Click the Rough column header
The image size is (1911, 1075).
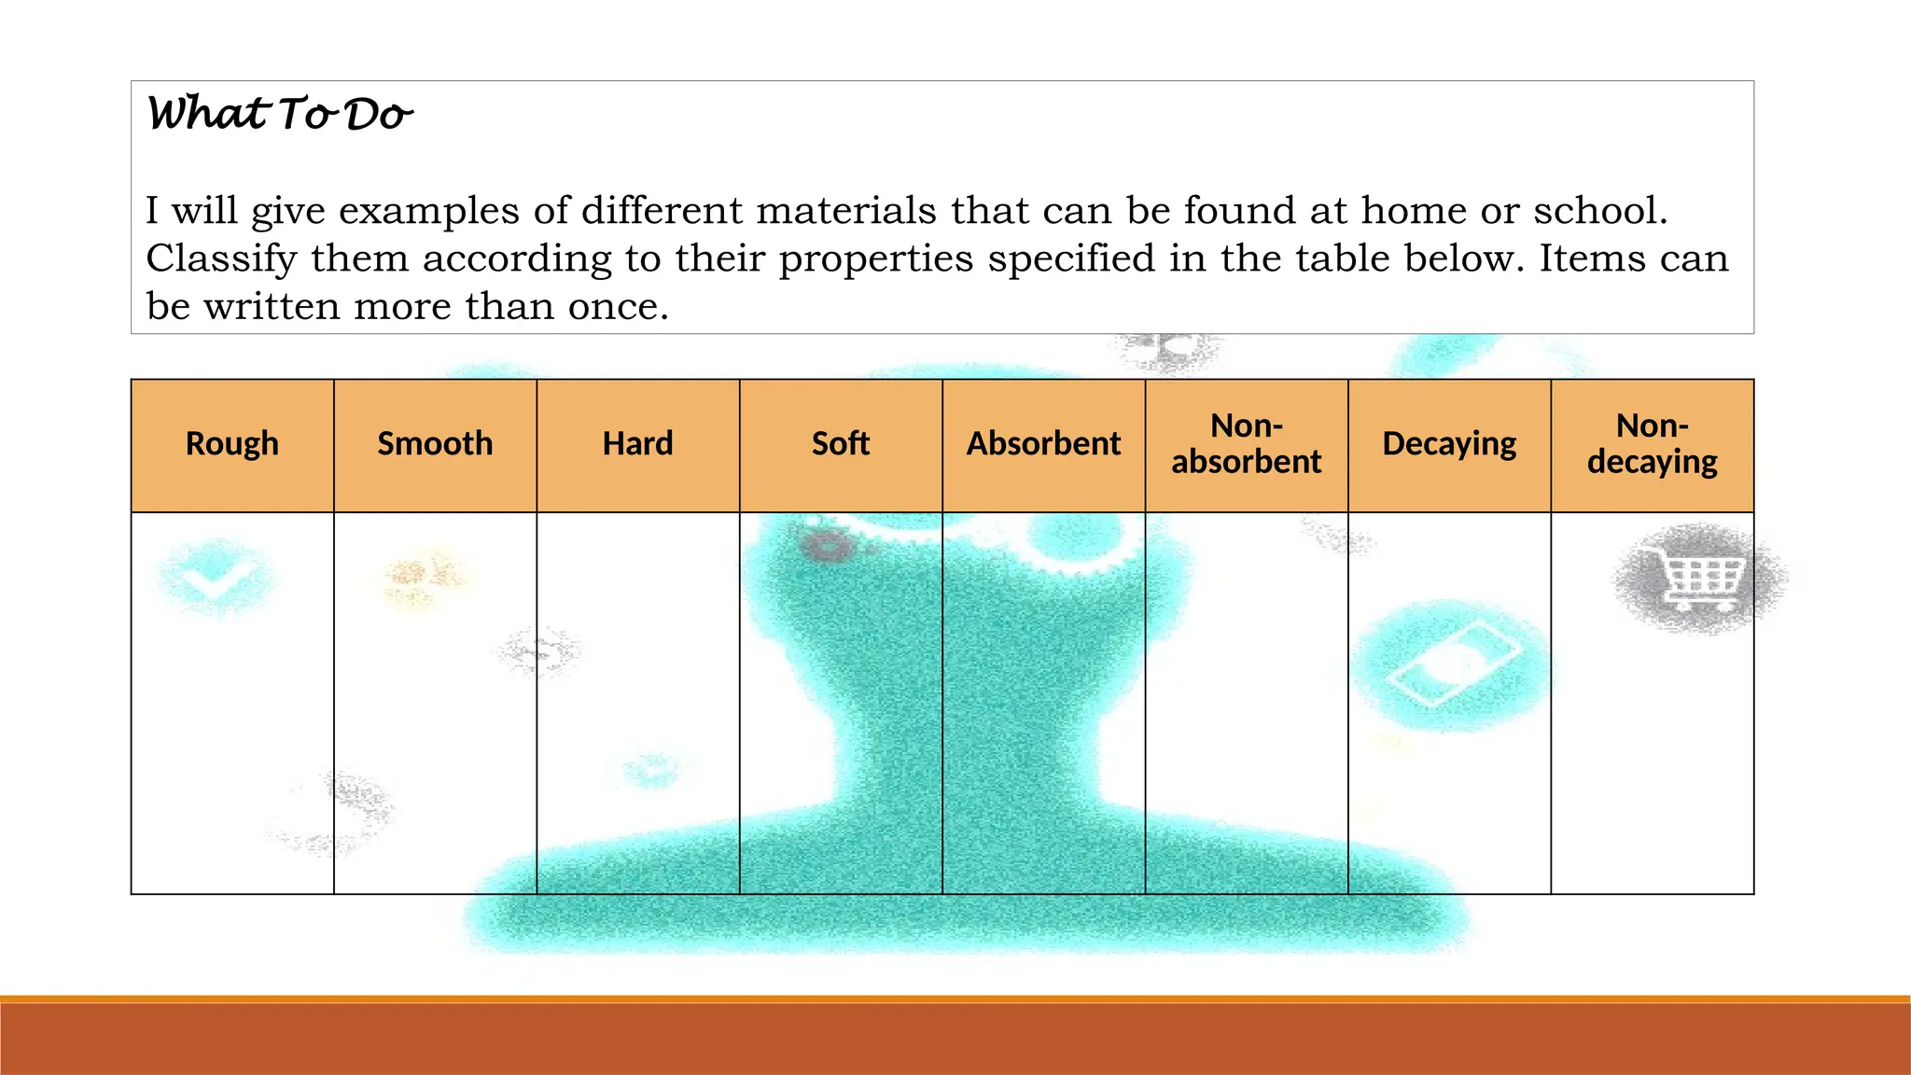click(232, 444)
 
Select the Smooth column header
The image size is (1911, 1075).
click(435, 444)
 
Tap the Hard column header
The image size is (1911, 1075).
click(638, 444)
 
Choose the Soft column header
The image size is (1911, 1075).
click(841, 444)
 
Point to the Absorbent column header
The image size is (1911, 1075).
click(1043, 444)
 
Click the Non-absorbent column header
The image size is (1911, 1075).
click(1247, 444)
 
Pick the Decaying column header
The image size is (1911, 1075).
click(1449, 444)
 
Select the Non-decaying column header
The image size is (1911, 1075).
click(1653, 444)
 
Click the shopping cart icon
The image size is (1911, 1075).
click(1701, 579)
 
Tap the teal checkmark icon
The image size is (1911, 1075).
click(215, 579)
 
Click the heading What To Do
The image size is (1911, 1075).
click(279, 115)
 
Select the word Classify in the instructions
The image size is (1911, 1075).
click(221, 259)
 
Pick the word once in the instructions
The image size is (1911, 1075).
click(617, 307)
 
